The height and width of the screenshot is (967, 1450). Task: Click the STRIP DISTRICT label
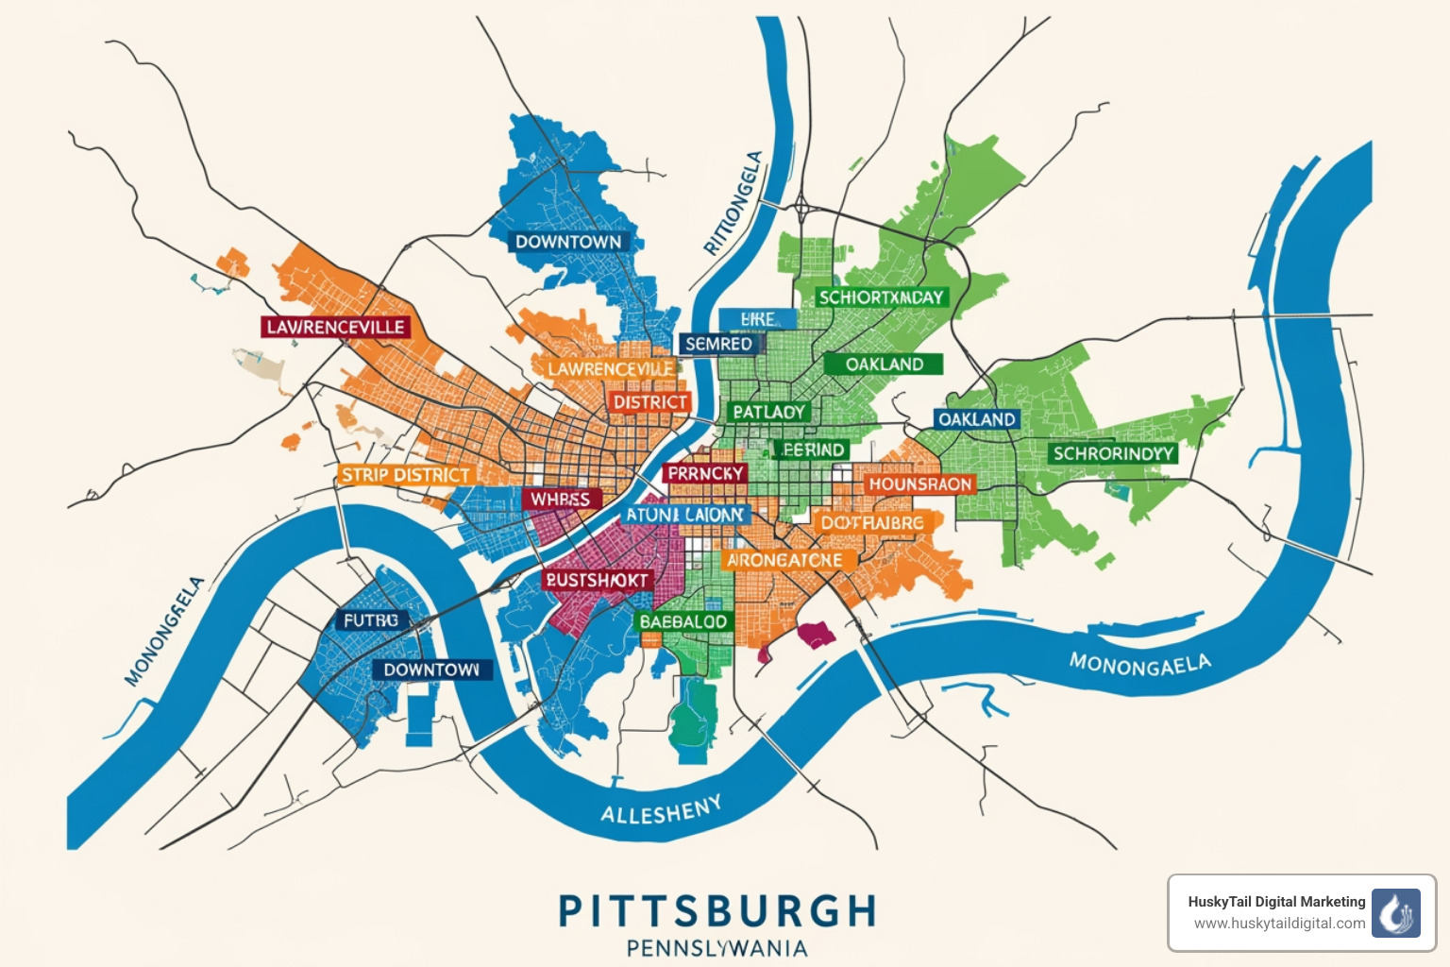pos(405,475)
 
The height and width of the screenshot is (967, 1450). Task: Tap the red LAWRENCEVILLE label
pos(335,327)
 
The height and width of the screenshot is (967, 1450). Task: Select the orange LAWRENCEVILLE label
pos(611,368)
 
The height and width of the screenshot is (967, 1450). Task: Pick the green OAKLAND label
pos(884,365)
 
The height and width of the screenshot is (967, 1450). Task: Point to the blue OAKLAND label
pos(976,418)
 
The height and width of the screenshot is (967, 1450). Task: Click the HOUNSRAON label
pos(919,484)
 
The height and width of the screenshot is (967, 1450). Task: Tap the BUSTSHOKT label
pos(597,580)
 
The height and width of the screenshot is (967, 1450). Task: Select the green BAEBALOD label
pos(683,621)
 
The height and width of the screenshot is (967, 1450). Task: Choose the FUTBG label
pos(371,620)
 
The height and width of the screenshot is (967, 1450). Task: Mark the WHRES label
pos(560,499)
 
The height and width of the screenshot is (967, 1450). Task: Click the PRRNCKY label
pos(706,473)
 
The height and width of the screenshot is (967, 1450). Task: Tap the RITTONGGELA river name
pos(734,203)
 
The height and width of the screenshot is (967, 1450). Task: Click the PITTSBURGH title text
pos(717,911)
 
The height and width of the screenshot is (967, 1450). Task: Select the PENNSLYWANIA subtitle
pos(717,948)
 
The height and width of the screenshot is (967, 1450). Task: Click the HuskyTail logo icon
pos(1395,912)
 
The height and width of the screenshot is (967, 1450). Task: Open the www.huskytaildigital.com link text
pos(1279,924)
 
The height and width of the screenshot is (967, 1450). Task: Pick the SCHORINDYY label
pos(1113,453)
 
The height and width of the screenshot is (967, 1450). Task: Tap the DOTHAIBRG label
pos(872,522)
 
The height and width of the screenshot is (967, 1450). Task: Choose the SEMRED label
pos(718,344)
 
